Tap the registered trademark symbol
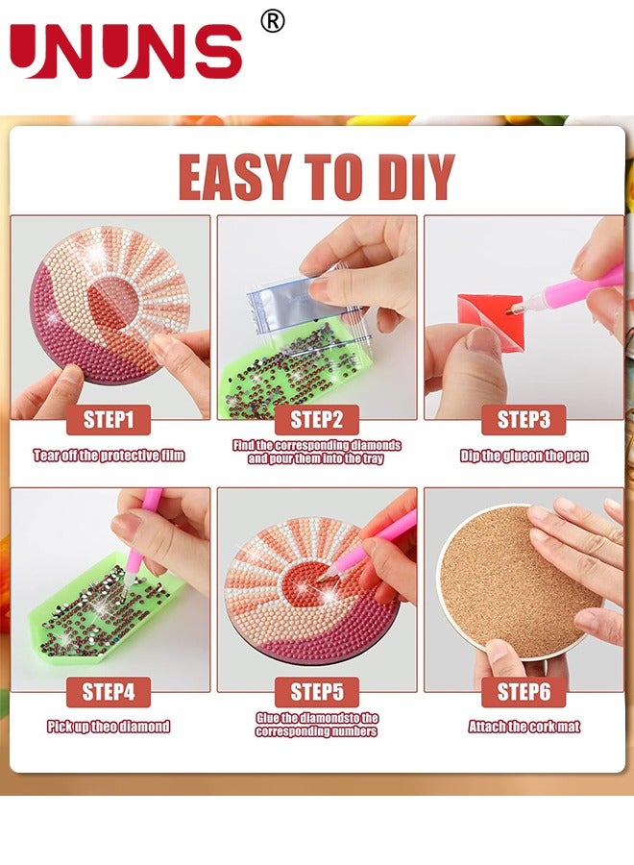click(273, 21)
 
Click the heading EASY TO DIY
click(316, 177)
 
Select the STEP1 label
click(110, 419)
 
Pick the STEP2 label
click(316, 419)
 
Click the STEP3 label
click(524, 419)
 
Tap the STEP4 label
click(110, 691)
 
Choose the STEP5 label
click(316, 691)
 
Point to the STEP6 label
click(524, 691)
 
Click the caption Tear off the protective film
click(110, 456)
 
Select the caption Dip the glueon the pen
click(524, 456)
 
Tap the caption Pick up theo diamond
click(110, 727)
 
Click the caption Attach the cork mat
click(524, 727)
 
